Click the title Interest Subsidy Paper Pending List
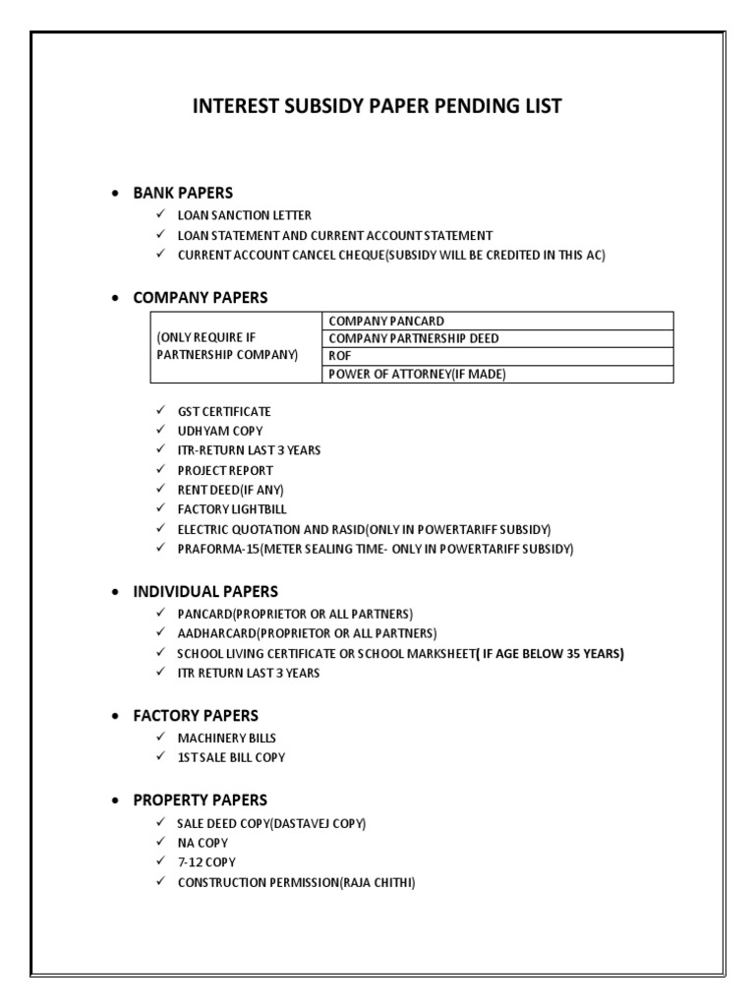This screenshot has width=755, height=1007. coord(377,106)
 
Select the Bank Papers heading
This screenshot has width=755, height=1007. coord(183,192)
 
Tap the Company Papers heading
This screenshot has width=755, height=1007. coord(200,297)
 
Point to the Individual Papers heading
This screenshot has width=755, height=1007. coord(205,591)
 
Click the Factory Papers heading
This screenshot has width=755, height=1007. coord(197,715)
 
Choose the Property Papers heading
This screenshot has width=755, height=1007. coord(200,800)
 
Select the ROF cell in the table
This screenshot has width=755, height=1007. coord(340,356)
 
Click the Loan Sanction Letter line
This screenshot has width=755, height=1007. coord(244,214)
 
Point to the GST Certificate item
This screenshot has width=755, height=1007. coord(223,411)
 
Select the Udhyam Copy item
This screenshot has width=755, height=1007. coord(219,431)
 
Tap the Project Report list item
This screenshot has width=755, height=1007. coord(225,470)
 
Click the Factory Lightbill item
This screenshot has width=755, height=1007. coord(232,508)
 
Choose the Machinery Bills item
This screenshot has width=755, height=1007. coord(226,738)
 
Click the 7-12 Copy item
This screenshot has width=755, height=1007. coord(206,862)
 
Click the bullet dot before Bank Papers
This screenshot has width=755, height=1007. coord(117,193)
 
